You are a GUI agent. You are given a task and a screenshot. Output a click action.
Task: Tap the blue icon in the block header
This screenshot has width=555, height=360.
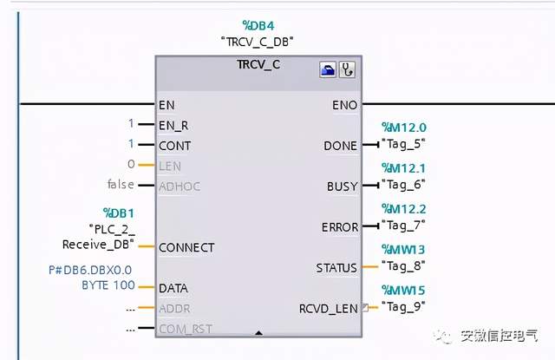(328, 70)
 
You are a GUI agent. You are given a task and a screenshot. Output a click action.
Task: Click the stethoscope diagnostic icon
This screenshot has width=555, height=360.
(347, 70)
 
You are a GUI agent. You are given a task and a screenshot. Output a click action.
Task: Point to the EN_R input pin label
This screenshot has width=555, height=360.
(173, 125)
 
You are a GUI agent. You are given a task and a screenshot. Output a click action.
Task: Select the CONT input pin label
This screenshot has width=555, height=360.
(174, 145)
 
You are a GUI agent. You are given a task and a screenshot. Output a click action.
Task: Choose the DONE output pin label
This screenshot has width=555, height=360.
(340, 146)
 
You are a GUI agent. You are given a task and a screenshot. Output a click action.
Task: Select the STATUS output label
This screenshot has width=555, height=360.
(337, 268)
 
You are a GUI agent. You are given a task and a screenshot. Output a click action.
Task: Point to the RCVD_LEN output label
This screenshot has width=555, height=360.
(328, 308)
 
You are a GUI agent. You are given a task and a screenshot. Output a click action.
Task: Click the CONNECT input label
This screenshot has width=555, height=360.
(186, 247)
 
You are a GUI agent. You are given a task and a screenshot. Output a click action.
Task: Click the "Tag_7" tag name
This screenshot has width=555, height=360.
(403, 226)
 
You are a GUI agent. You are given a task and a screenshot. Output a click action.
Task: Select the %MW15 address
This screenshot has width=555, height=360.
(403, 290)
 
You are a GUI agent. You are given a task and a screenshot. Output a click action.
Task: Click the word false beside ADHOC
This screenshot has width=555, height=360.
(121, 184)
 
